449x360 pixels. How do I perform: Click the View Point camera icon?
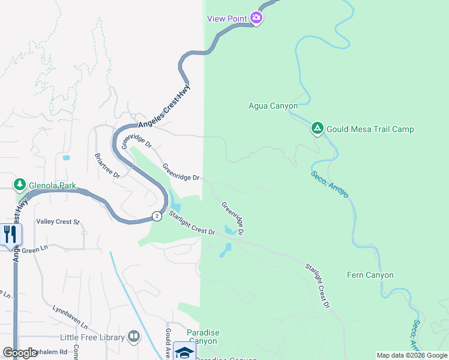(257, 18)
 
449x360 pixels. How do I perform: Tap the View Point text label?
(227, 19)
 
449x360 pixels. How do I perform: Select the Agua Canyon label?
(273, 106)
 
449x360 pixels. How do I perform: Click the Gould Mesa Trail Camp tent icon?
(317, 128)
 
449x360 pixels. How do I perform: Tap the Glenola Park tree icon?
(20, 184)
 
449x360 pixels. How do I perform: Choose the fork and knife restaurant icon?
(10, 234)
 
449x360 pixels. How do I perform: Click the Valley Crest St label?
(58, 222)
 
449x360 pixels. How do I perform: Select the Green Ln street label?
(35, 249)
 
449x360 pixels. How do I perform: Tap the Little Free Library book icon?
(134, 337)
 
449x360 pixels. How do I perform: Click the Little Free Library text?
(93, 338)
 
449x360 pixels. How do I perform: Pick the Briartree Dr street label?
(107, 164)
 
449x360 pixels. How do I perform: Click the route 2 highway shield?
(156, 215)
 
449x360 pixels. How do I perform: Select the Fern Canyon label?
(370, 275)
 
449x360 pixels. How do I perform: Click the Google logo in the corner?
(20, 353)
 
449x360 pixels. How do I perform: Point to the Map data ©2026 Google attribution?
(412, 355)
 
